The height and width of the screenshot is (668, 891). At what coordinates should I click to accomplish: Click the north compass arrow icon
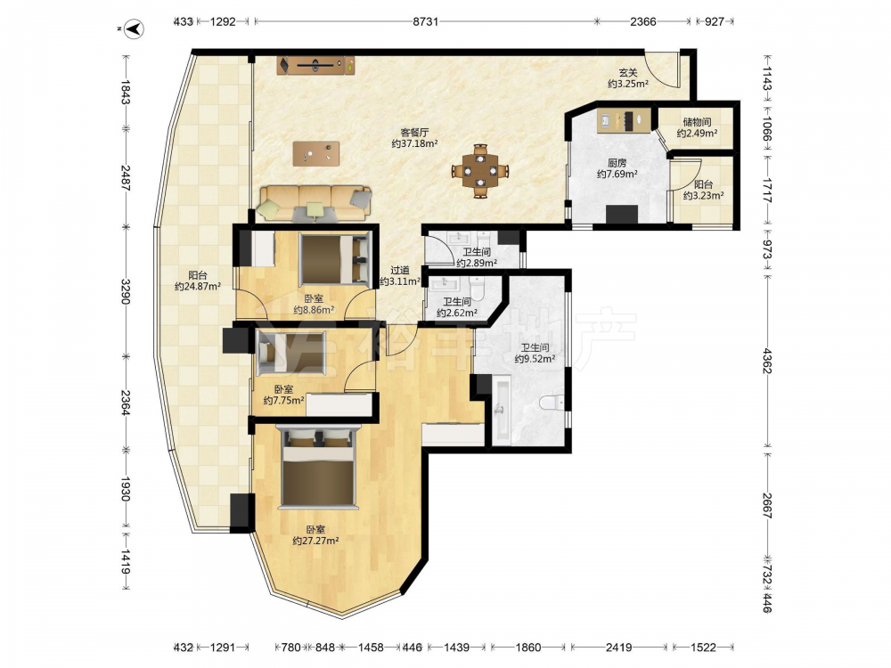(x=135, y=29)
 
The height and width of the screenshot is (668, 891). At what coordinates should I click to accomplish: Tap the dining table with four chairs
(x=480, y=170)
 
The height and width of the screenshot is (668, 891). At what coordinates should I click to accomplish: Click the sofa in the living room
(x=315, y=203)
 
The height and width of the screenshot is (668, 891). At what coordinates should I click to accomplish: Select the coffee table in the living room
(x=316, y=153)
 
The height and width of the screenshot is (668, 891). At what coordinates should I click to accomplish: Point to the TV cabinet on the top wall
(x=316, y=65)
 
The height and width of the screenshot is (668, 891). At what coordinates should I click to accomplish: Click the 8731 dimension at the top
(x=426, y=21)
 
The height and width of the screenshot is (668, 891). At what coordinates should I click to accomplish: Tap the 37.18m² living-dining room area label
(x=414, y=144)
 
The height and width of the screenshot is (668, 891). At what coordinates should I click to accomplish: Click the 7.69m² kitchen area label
(x=617, y=175)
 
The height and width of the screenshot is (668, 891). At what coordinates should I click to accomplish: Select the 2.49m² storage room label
(x=697, y=134)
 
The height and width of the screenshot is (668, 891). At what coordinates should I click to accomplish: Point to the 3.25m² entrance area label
(x=628, y=84)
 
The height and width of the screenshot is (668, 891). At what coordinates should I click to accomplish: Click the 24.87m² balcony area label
(x=197, y=287)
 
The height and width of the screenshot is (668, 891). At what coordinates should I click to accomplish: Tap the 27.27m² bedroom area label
(x=315, y=541)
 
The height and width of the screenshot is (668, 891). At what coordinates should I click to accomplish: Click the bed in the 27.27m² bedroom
(x=318, y=467)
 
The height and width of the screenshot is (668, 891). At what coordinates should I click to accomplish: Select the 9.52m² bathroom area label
(x=535, y=359)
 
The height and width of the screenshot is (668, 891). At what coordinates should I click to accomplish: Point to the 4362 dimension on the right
(x=767, y=361)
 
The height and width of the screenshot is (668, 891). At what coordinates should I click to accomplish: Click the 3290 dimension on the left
(x=126, y=290)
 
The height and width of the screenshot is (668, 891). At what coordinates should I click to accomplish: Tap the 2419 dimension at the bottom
(x=619, y=647)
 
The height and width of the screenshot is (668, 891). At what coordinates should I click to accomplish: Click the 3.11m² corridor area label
(x=400, y=281)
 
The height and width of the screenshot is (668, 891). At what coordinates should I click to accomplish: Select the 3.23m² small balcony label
(x=703, y=196)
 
